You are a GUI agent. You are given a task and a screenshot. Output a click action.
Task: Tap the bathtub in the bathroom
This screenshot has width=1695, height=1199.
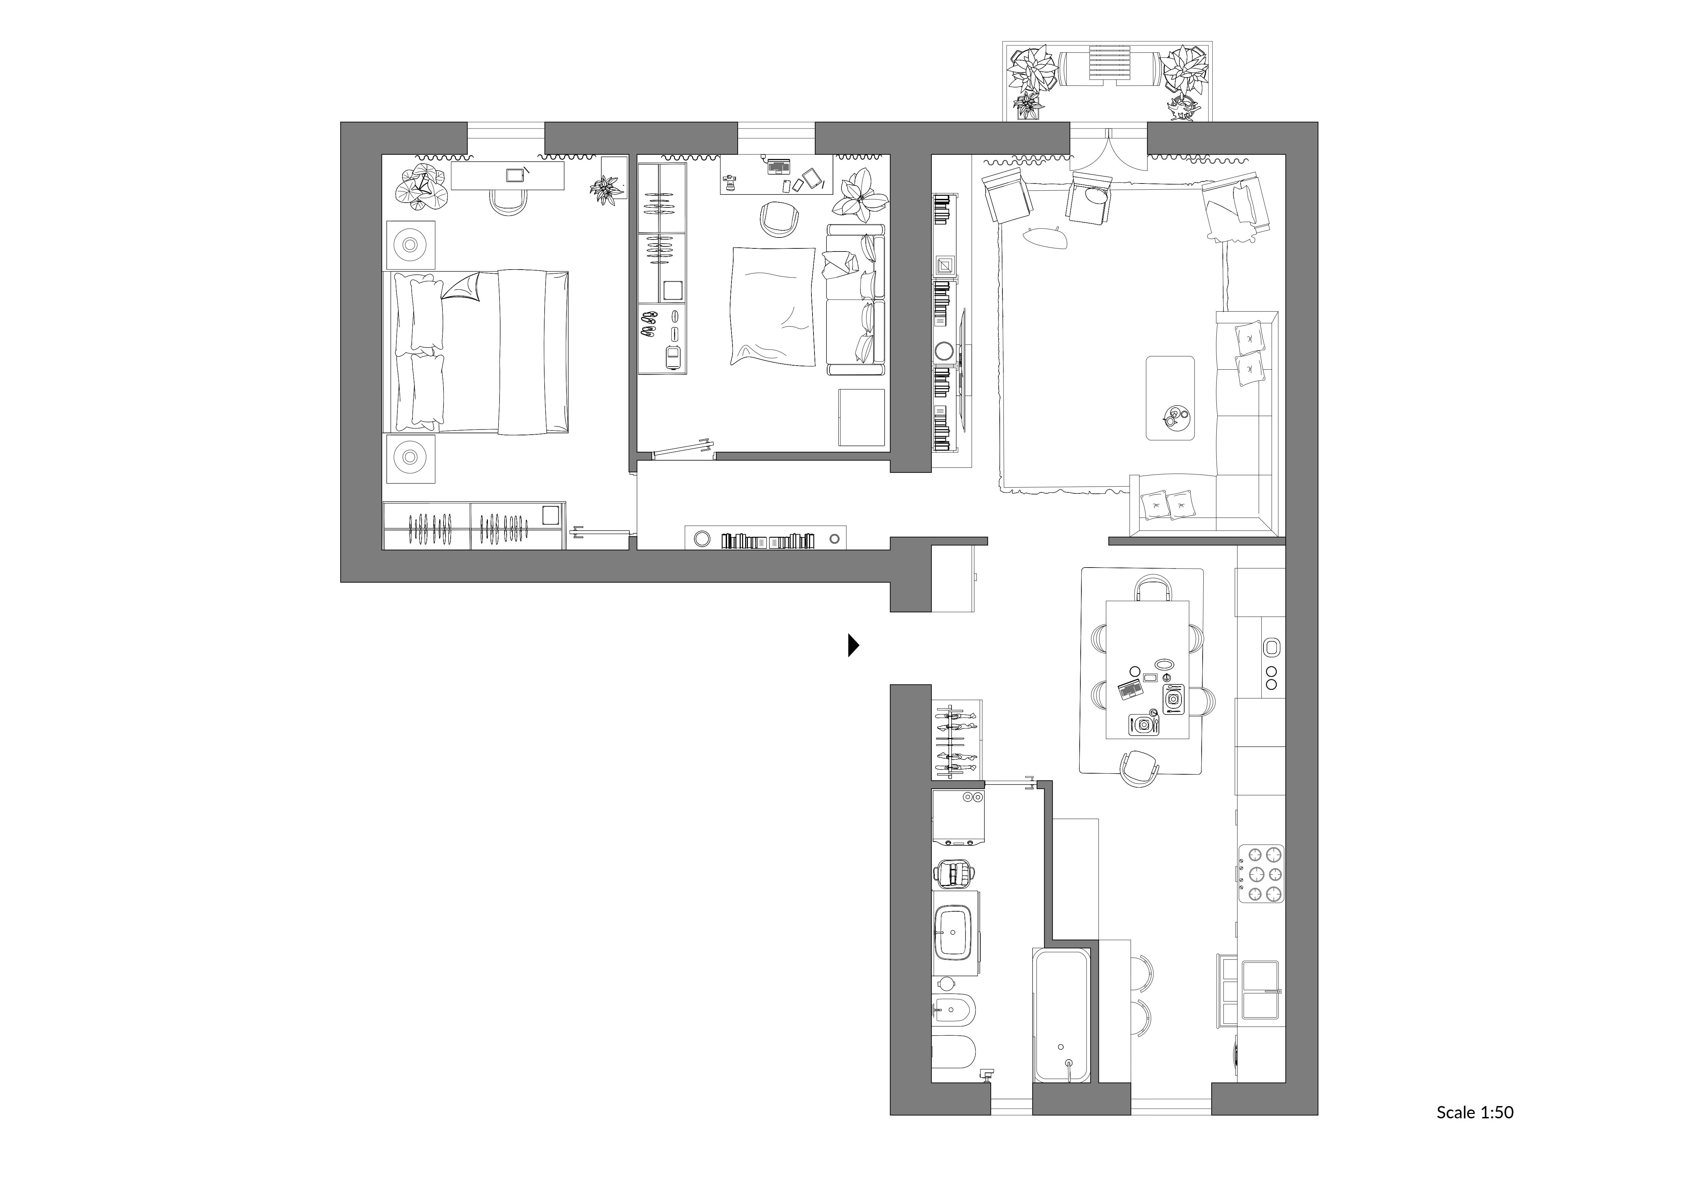(1062, 1016)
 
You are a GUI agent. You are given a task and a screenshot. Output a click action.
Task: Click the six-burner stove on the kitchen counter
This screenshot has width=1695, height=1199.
(1262, 873)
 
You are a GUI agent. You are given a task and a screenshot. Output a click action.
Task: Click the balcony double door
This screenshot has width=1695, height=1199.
(1109, 151)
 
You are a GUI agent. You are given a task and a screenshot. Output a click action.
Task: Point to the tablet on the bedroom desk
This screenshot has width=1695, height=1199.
(515, 175)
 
